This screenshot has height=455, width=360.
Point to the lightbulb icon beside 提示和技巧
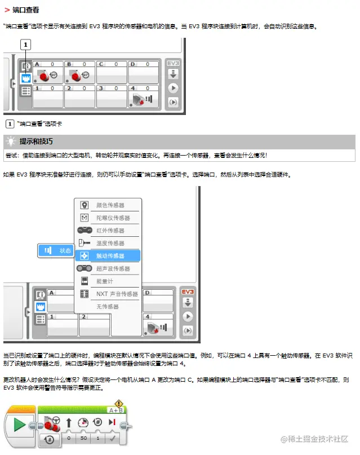(x=11, y=141)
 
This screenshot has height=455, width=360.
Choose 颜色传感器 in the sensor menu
(x=110, y=205)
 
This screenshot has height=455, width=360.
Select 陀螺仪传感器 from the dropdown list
(x=113, y=218)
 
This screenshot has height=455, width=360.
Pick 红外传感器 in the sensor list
(x=110, y=231)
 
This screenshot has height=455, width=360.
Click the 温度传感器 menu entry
(x=110, y=243)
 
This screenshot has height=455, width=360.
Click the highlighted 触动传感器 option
(x=109, y=256)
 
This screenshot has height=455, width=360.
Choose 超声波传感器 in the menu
(x=113, y=268)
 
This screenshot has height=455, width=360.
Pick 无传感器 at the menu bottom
(x=108, y=307)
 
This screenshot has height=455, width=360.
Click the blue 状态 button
(x=56, y=250)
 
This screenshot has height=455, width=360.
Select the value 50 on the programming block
(x=83, y=437)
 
